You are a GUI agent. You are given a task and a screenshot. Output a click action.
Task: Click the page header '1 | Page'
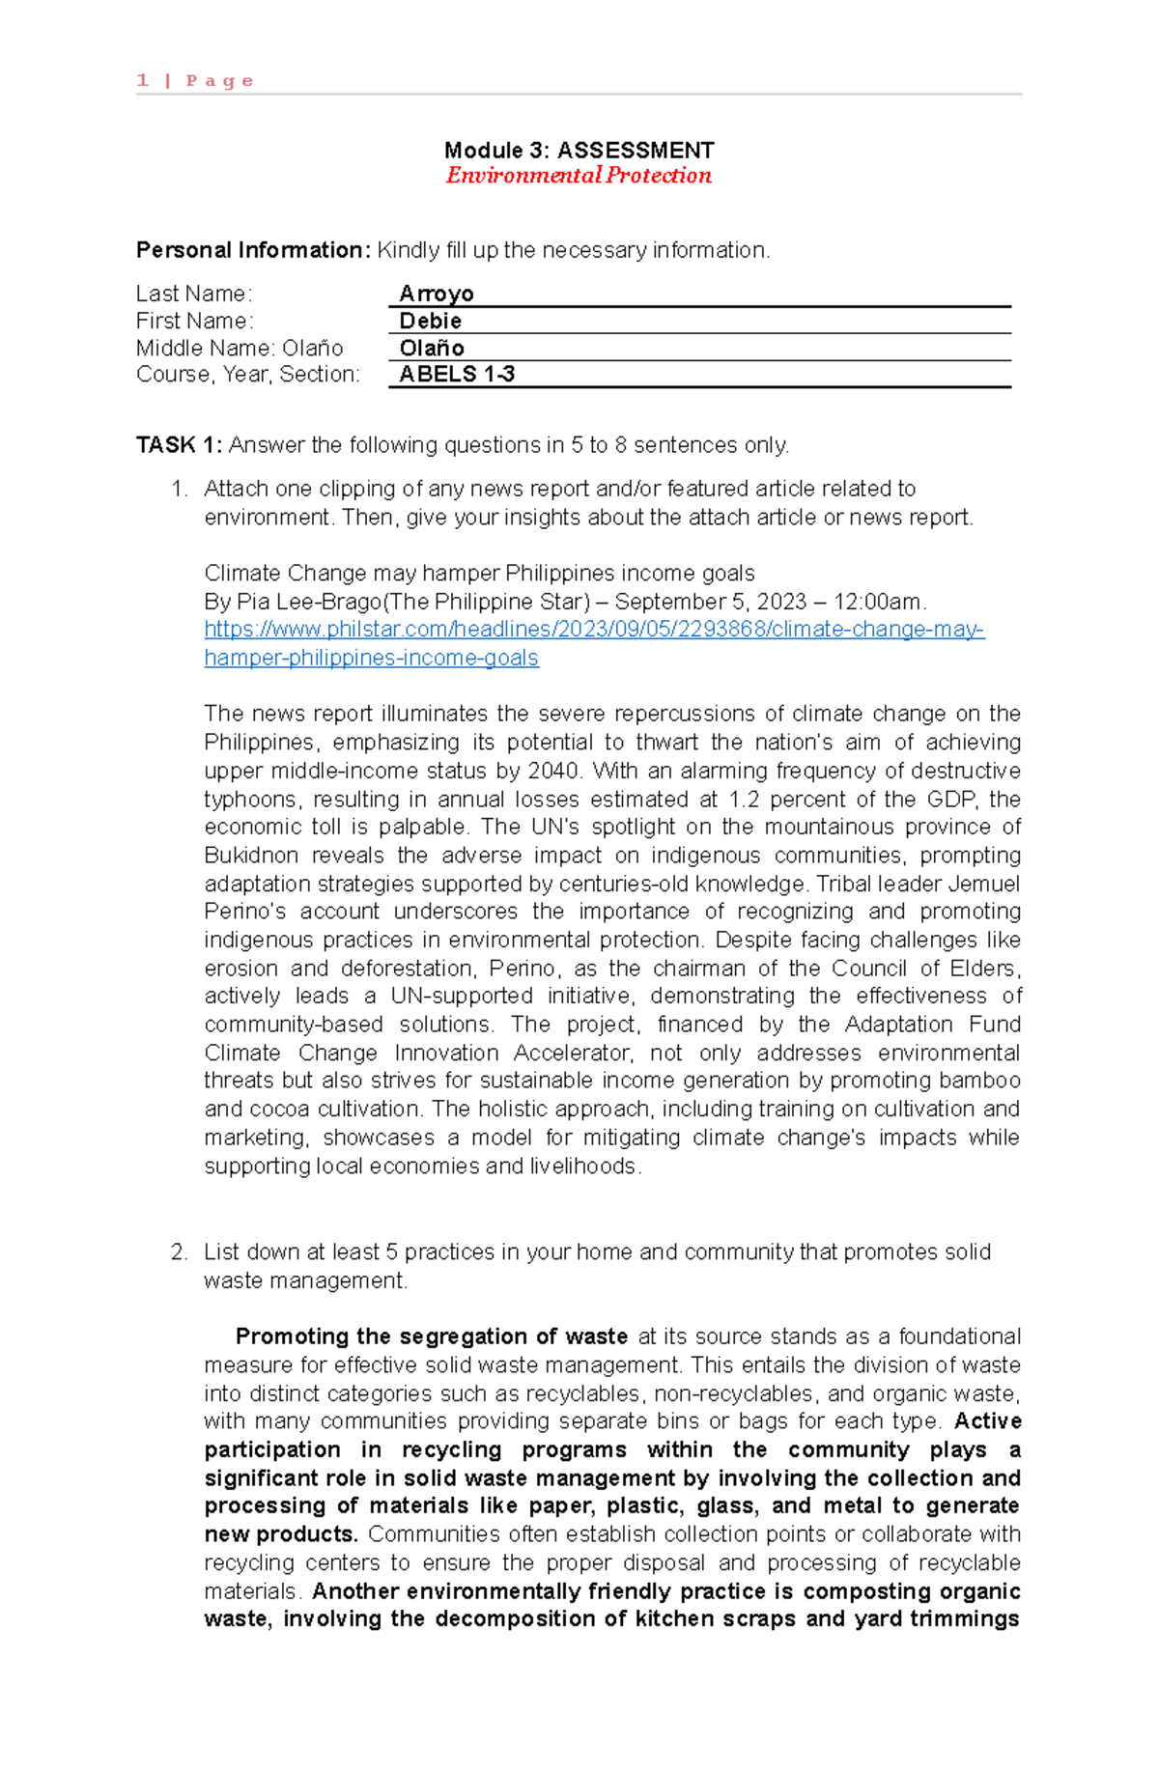click(x=195, y=80)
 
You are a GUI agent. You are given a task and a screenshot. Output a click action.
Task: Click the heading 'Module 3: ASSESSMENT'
click(x=579, y=150)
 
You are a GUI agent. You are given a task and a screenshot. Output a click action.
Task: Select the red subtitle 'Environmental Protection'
click(x=579, y=175)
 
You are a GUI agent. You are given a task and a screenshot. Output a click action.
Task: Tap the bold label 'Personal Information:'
click(x=252, y=250)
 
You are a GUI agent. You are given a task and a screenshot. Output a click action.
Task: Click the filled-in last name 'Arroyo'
click(x=437, y=294)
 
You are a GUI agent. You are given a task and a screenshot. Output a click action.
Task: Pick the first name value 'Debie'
click(x=431, y=321)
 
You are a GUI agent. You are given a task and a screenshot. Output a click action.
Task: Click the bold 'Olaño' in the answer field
click(x=432, y=348)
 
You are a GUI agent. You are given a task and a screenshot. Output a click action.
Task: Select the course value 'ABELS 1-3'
click(x=457, y=375)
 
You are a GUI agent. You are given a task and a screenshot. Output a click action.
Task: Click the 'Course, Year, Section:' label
click(x=247, y=375)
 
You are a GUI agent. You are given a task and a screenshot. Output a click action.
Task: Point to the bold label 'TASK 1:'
click(x=180, y=445)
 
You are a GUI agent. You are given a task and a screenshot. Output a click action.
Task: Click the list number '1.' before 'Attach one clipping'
click(x=179, y=489)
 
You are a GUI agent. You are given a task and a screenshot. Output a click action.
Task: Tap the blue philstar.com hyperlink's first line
click(x=594, y=630)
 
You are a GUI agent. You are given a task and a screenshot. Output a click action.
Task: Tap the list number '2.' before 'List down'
click(x=179, y=1252)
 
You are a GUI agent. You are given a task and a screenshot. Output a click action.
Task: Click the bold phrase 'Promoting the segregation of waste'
click(x=431, y=1336)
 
